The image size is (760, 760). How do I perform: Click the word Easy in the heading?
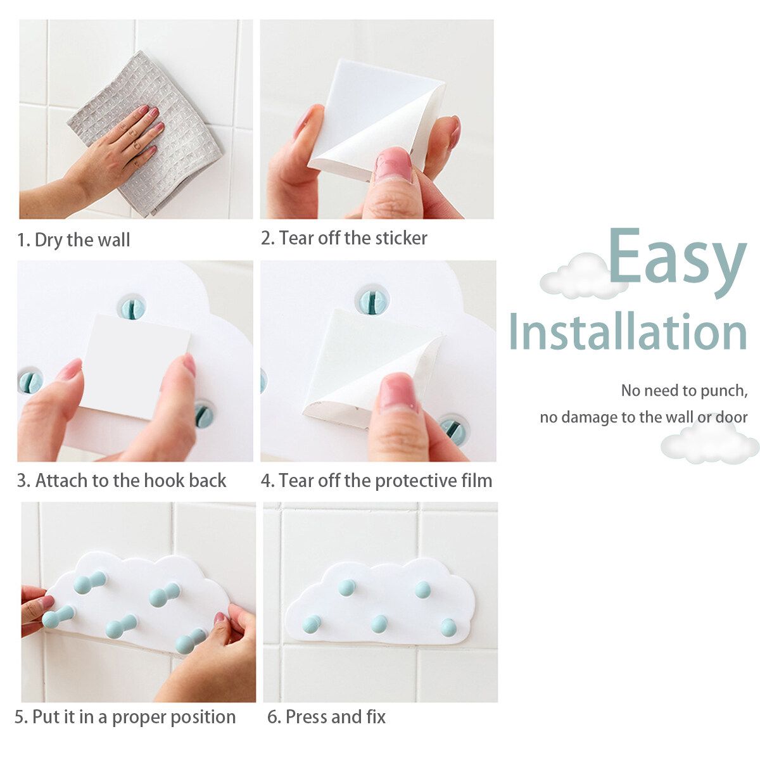click(678, 262)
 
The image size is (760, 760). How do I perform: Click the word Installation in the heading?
click(628, 331)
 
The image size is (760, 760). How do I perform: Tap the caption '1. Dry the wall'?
click(73, 240)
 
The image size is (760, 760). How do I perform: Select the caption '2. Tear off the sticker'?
click(344, 238)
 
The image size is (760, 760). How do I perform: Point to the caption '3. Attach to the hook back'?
click(122, 481)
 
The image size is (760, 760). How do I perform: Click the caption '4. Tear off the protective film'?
click(376, 481)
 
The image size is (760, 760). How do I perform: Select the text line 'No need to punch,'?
click(684, 391)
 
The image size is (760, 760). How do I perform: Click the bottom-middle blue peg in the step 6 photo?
click(379, 624)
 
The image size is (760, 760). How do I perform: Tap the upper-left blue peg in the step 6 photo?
click(346, 587)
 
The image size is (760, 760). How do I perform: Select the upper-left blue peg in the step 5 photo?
click(90, 583)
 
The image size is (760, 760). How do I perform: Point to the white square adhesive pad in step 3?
click(136, 367)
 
